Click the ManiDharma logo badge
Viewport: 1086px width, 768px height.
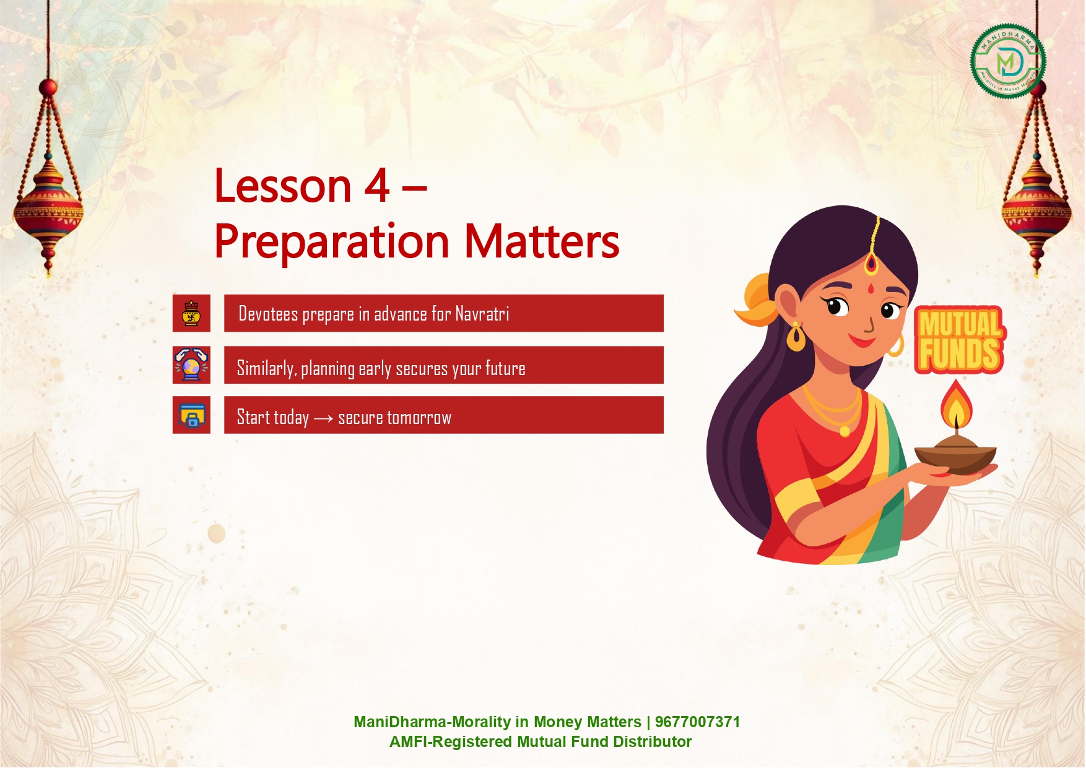pos(1008,61)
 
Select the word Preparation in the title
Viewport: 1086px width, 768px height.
pos(332,242)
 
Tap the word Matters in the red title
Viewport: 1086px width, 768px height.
pos(542,241)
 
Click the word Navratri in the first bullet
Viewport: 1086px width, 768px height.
pos(482,314)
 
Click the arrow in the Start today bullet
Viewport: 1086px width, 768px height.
pos(323,419)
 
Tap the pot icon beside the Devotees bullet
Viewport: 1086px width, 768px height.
pos(191,313)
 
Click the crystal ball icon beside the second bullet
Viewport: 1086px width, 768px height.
pos(191,365)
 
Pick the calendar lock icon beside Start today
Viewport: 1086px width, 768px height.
pos(191,415)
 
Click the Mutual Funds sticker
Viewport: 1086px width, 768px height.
pos(959,340)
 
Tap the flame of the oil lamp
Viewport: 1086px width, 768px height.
pos(957,405)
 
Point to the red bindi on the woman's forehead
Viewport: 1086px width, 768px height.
pos(871,288)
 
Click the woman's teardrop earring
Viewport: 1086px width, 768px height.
pos(796,337)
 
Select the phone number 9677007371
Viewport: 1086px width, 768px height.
pos(697,722)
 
